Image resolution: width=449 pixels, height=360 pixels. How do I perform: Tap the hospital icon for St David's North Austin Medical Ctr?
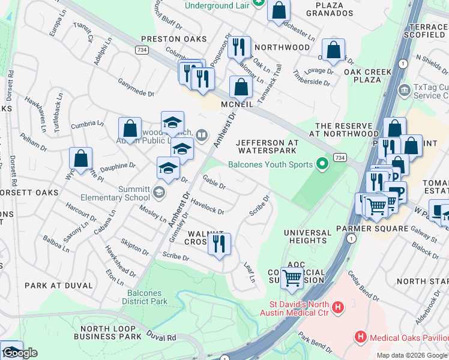click(x=339, y=307)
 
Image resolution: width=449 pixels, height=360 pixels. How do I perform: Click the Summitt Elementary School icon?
click(x=158, y=192)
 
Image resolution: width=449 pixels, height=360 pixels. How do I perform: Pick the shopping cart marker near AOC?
click(x=292, y=277)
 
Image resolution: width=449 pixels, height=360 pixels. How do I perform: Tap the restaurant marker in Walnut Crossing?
click(x=219, y=244)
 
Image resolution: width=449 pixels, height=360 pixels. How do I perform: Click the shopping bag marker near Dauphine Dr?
click(x=80, y=158)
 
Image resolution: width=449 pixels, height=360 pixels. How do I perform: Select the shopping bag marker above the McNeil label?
click(x=241, y=86)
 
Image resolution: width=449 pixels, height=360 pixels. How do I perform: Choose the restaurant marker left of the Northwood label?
click(x=239, y=46)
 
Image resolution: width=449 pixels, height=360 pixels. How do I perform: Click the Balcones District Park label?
click(x=148, y=297)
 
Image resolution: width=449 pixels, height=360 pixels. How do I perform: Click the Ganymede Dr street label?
click(x=136, y=88)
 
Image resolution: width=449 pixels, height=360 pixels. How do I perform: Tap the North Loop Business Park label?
click(x=107, y=332)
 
